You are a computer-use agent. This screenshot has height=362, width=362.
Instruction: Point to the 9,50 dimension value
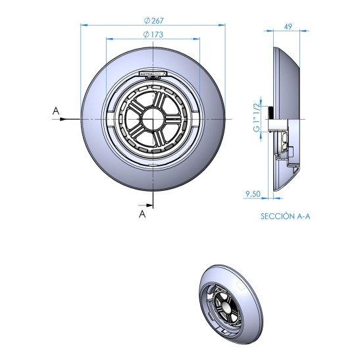pos(253,194)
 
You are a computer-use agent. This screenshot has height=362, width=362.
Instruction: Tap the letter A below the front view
pos(141,213)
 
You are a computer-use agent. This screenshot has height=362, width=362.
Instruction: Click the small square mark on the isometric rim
pos(240,284)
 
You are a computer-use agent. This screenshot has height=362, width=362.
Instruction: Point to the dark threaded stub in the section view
pos(271,123)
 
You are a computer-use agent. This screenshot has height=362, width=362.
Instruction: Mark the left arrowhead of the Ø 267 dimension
pos(83,25)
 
